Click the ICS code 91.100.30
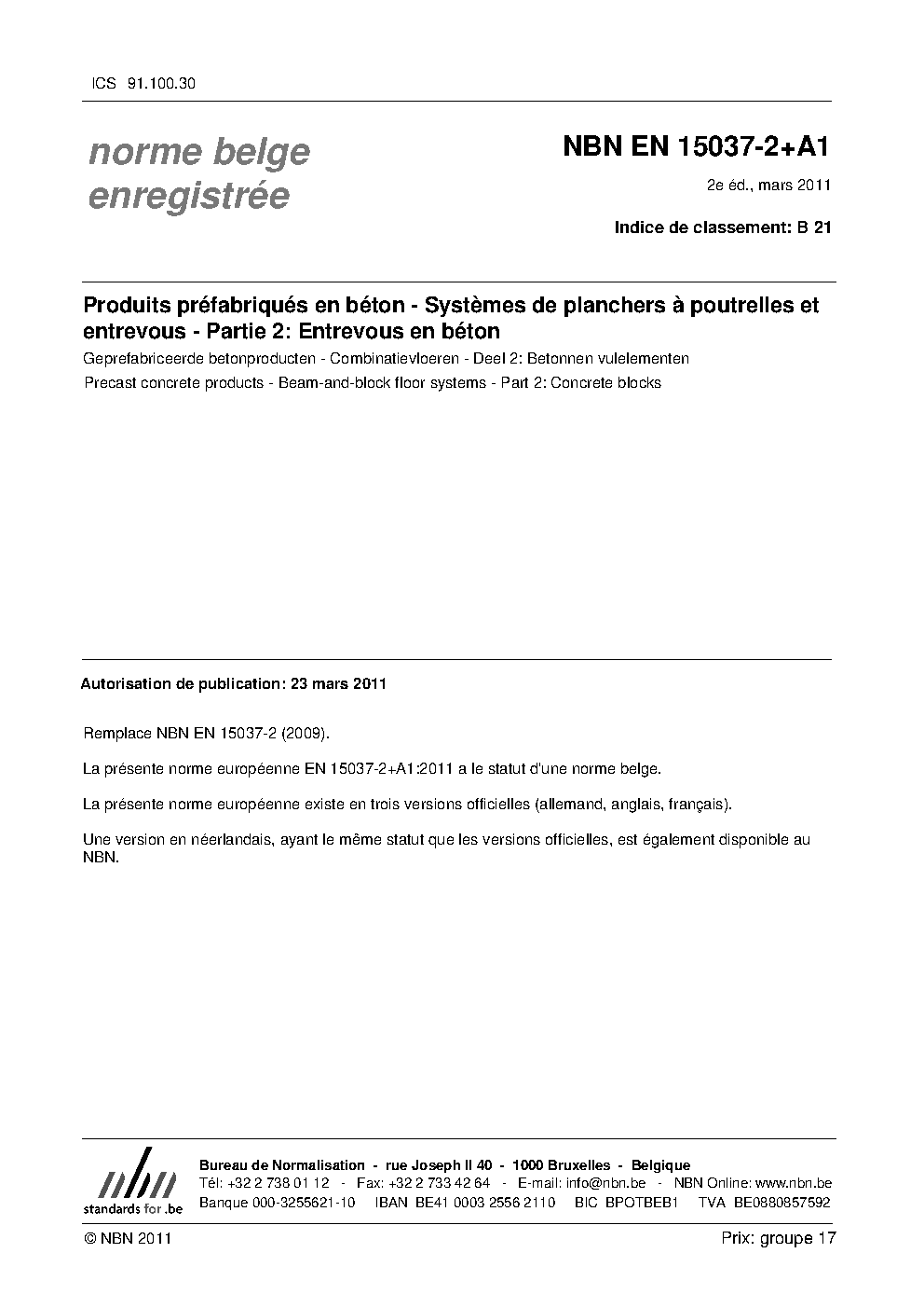[159, 83]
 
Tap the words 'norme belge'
[199, 152]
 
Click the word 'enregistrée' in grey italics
[188, 197]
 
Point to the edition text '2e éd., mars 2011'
[768, 185]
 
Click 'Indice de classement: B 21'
[723, 227]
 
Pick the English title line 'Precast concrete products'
[373, 382]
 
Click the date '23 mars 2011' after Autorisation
[338, 683]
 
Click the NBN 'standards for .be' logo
[132, 1181]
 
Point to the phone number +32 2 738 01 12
[279, 1183]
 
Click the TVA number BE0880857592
[781, 1203]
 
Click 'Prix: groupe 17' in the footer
[779, 1238]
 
